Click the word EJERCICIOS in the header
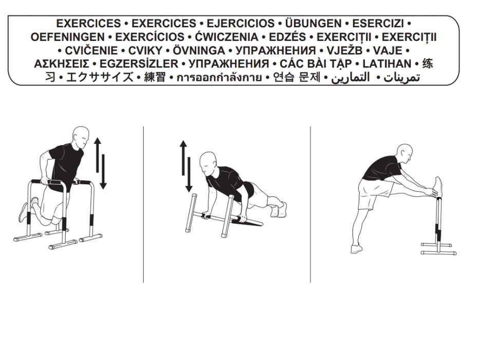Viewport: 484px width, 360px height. pyautogui.click(x=240, y=24)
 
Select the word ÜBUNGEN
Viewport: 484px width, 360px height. pyautogui.click(x=313, y=24)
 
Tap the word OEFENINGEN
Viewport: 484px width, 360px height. pyautogui.click(x=68, y=37)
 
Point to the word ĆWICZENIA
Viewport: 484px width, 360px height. pyautogui.click(x=227, y=37)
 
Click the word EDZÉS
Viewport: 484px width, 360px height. pyautogui.click(x=287, y=37)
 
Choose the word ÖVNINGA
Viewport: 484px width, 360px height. pyautogui.click(x=199, y=50)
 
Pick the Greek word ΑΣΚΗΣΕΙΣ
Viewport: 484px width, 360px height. pyautogui.click(x=62, y=64)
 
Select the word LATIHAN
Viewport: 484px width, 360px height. pyautogui.click(x=387, y=64)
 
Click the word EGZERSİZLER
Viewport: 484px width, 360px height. pyautogui.click(x=139, y=64)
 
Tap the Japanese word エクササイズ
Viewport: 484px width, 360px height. pyautogui.click(x=100, y=77)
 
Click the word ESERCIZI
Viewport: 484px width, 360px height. pyautogui.click(x=378, y=24)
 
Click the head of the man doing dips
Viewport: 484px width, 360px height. pyautogui.click(x=81, y=137)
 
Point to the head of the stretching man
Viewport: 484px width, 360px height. pyautogui.click(x=405, y=153)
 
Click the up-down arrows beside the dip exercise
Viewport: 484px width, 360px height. pyautogui.click(x=100, y=163)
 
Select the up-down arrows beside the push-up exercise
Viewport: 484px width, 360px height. pyautogui.click(x=186, y=166)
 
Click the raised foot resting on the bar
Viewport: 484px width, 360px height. pyautogui.click(x=438, y=186)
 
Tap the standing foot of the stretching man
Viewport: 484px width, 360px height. pyautogui.click(x=356, y=248)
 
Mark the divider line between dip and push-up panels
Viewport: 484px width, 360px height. pyautogui.click(x=143, y=204)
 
